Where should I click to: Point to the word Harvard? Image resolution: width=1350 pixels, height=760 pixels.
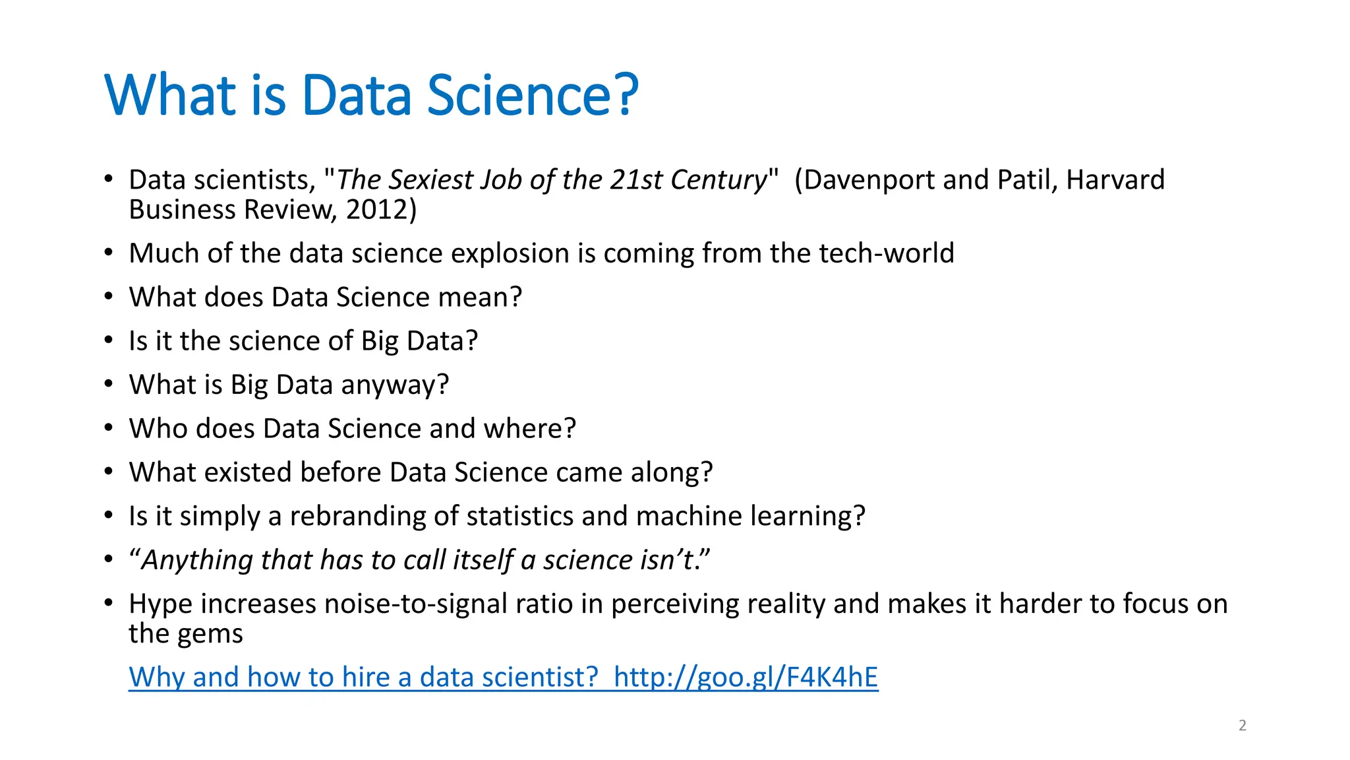(1115, 180)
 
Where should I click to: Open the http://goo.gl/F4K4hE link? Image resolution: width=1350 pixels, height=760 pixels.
(746, 678)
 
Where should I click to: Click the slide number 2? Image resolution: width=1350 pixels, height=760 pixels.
(1242, 726)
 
